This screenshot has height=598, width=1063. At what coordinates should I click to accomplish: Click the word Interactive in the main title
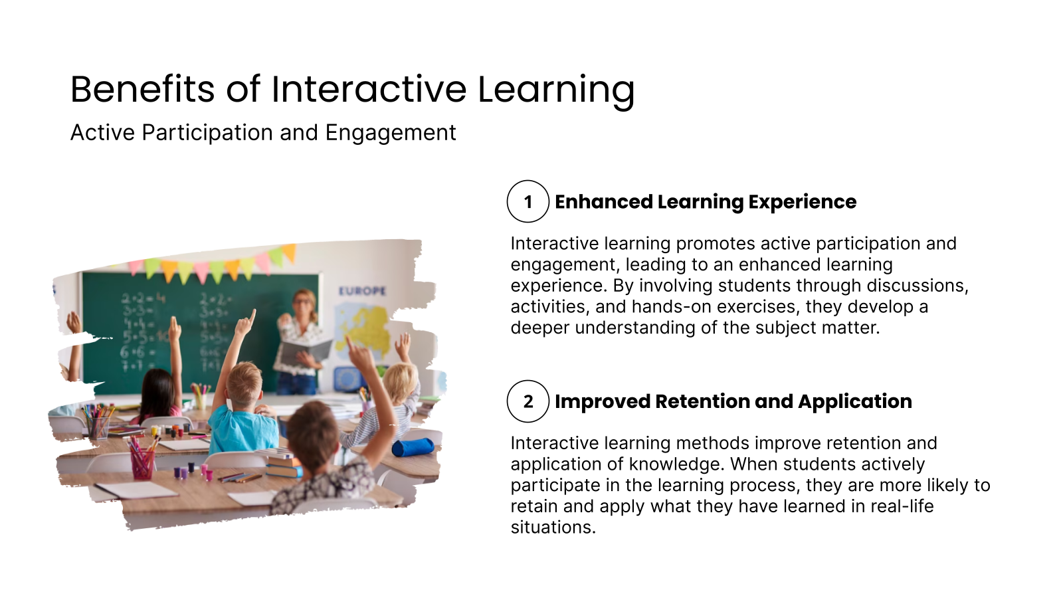(369, 89)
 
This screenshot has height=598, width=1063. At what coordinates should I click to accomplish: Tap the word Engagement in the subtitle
(390, 133)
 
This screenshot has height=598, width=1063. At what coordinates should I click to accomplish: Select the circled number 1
(528, 201)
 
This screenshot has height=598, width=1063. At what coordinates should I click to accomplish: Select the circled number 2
(528, 401)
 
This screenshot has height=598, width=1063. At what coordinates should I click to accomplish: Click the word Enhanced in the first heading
(603, 201)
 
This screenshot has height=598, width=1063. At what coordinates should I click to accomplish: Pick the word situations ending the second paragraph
(552, 528)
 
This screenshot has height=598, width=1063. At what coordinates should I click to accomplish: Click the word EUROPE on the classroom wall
(362, 291)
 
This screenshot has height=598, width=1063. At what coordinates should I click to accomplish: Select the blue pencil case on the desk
(412, 447)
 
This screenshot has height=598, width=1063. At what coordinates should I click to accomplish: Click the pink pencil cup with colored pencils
(142, 462)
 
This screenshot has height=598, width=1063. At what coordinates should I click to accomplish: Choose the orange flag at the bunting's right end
(289, 252)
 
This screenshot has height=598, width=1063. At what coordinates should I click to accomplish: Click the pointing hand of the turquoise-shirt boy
(247, 323)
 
